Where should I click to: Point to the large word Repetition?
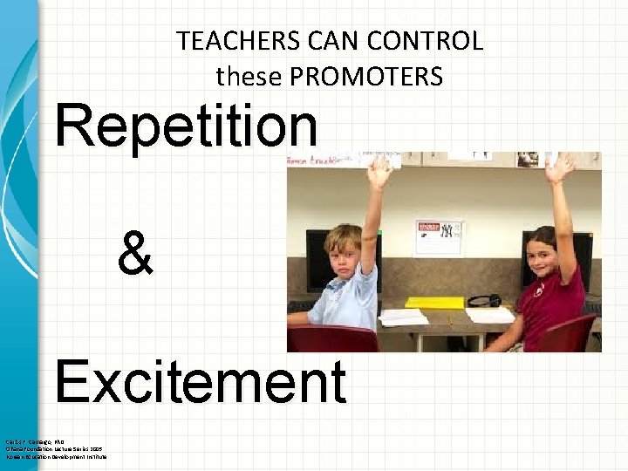coord(186,126)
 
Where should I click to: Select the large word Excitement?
coord(200,382)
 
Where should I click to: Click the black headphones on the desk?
coord(484,300)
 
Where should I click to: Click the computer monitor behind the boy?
coord(318,257)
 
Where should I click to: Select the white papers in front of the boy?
coord(404,317)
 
